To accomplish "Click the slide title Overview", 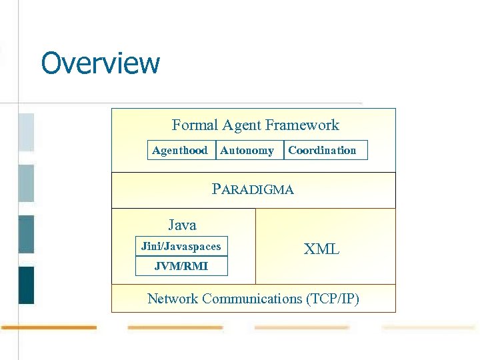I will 101,63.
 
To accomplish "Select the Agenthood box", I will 180,151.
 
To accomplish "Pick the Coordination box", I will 325,151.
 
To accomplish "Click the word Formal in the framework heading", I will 195,125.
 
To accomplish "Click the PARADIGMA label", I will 253,189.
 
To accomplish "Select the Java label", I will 182,225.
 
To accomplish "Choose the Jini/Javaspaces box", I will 181,247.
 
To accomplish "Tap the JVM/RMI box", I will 181,267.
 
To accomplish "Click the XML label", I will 321,250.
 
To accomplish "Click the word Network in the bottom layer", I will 173,299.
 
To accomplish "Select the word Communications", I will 253,299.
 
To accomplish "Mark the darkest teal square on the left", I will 26,285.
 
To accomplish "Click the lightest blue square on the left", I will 26,132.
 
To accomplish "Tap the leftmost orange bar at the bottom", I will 49,327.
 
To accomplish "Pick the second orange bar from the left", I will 175,327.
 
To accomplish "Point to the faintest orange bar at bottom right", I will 429,327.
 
